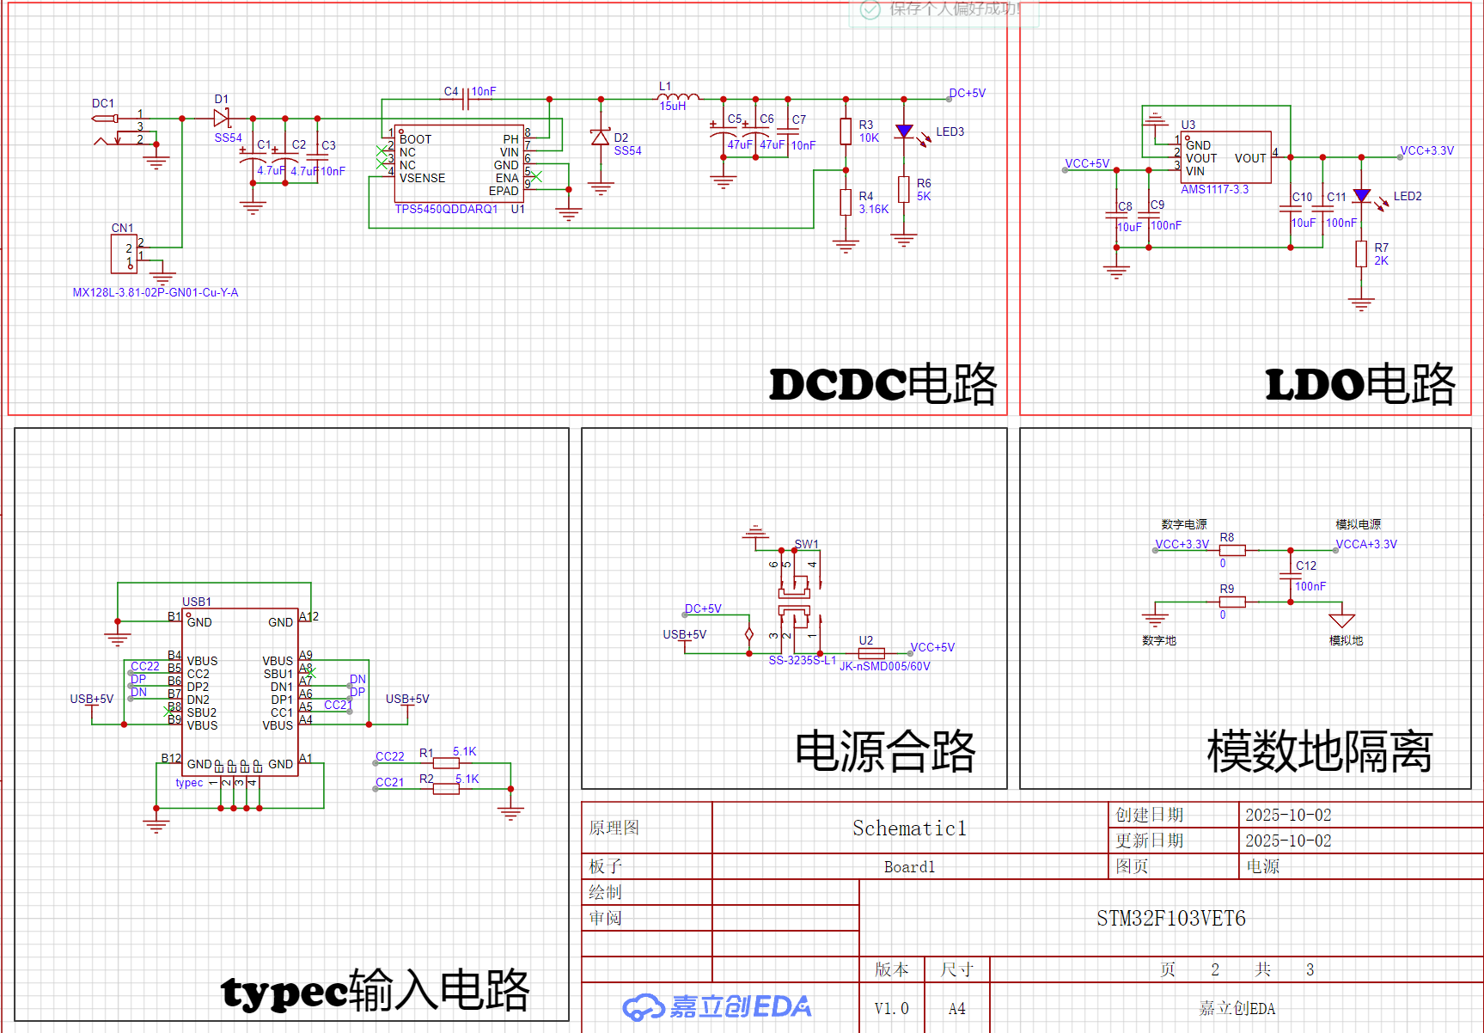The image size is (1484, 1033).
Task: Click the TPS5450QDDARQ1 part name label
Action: pyautogui.click(x=446, y=209)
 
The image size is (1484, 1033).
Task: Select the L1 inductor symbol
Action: pyautogui.click(x=678, y=96)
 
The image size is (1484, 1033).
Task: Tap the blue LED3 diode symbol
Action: pyautogui.click(x=903, y=131)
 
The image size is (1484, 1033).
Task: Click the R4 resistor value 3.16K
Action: pyautogui.click(x=873, y=209)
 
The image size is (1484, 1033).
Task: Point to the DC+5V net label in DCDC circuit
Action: pyautogui.click(x=967, y=93)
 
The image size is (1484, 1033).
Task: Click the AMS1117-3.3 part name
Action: pyautogui.click(x=1214, y=189)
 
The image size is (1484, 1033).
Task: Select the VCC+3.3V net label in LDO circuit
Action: pyautogui.click(x=1426, y=150)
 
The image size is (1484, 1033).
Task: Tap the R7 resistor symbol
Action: pyautogui.click(x=1361, y=254)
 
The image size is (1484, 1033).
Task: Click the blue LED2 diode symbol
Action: pyautogui.click(x=1361, y=196)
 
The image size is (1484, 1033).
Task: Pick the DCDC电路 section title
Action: pyautogui.click(x=882, y=384)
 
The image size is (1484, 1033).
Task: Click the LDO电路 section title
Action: pyautogui.click(x=1359, y=384)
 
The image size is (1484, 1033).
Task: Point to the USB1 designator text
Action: pyautogui.click(x=196, y=602)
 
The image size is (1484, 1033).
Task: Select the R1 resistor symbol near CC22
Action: pyautogui.click(x=446, y=763)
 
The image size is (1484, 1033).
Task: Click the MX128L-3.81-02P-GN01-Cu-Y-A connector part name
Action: pyautogui.click(x=156, y=292)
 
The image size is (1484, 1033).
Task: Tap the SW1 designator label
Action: pyautogui.click(x=806, y=544)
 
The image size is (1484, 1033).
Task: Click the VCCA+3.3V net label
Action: pyautogui.click(x=1365, y=544)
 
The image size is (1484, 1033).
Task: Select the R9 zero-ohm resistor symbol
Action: pyautogui.click(x=1232, y=602)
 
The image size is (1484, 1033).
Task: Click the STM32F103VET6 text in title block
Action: pyautogui.click(x=1170, y=919)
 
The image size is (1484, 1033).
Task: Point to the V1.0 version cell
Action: pyautogui.click(x=891, y=1008)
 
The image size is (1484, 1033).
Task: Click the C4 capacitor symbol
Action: pyautogui.click(x=465, y=100)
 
